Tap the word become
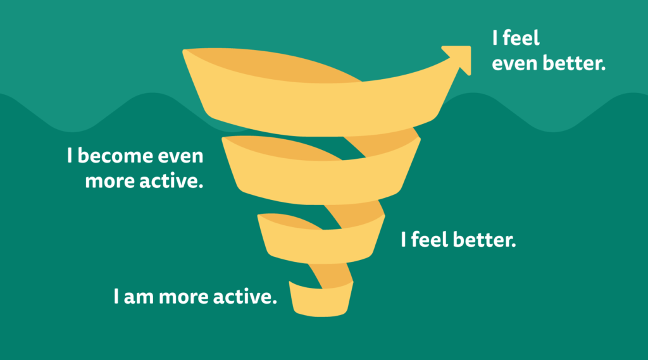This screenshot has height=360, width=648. click(x=112, y=156)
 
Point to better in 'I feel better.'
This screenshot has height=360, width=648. click(x=484, y=240)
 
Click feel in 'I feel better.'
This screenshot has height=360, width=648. click(x=430, y=239)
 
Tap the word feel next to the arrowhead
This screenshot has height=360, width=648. click(x=521, y=38)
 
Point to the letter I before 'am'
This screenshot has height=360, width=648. click(x=116, y=297)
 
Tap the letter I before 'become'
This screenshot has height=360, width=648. click(x=70, y=156)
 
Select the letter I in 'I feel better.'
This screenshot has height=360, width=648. click(x=403, y=240)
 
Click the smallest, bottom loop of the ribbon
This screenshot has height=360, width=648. click(x=321, y=301)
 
